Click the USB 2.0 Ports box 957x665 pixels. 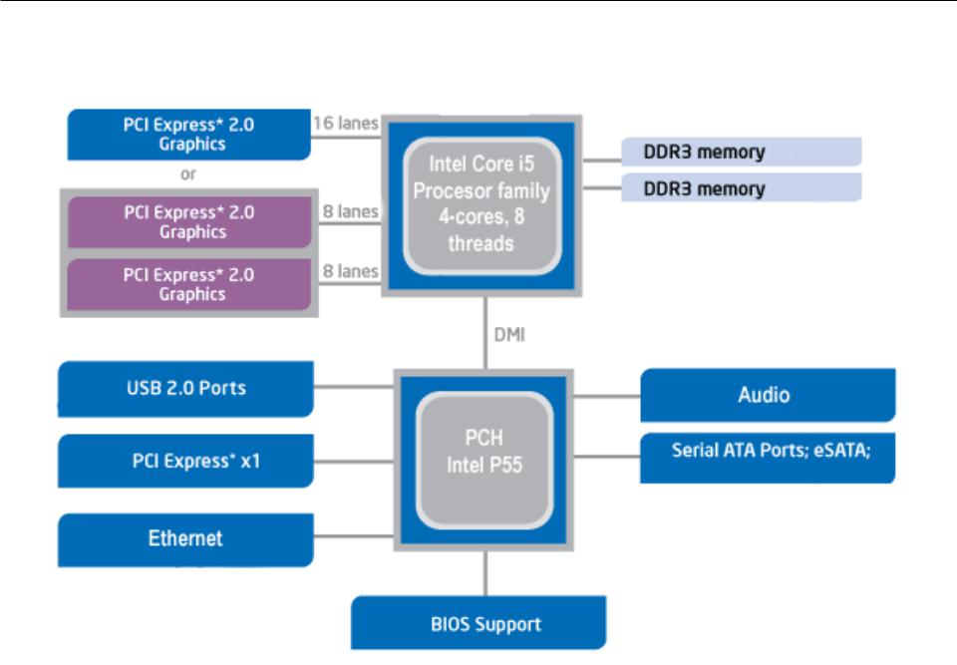(x=185, y=389)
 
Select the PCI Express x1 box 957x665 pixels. (x=185, y=461)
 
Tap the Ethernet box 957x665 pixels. (x=185, y=539)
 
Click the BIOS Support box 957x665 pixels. (x=478, y=623)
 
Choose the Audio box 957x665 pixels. (x=768, y=395)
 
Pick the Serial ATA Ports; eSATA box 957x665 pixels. (x=768, y=458)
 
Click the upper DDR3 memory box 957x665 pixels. (x=742, y=152)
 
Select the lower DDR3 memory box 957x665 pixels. (x=742, y=187)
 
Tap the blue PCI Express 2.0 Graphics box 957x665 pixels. (x=189, y=135)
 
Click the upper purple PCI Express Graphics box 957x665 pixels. (x=189, y=222)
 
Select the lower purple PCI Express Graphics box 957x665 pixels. (x=189, y=284)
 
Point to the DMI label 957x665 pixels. (x=509, y=335)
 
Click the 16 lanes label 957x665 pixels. (x=346, y=124)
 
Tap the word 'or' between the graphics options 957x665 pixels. (x=188, y=174)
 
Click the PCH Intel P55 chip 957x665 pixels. (x=484, y=460)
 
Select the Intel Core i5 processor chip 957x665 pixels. (x=481, y=205)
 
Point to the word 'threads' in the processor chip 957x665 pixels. (x=480, y=243)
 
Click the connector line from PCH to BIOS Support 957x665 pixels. (x=485, y=573)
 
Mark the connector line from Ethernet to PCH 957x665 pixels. (x=354, y=536)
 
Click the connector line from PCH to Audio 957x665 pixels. (x=607, y=397)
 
